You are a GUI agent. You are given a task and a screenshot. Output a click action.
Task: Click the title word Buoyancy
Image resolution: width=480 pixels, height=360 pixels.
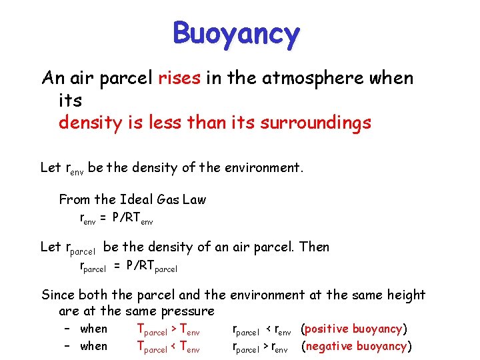236,33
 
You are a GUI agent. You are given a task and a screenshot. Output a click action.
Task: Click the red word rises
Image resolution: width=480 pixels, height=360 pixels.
179,78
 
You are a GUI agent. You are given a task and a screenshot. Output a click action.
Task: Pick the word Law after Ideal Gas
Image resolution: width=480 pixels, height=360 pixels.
192,199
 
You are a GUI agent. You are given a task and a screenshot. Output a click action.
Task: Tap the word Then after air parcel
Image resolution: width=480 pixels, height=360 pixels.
314,247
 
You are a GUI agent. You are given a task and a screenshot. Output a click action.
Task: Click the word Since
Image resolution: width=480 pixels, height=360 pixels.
58,295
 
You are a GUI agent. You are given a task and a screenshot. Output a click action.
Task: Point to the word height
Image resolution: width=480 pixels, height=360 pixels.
405,295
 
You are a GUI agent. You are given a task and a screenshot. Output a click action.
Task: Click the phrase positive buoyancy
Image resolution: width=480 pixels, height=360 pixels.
354,329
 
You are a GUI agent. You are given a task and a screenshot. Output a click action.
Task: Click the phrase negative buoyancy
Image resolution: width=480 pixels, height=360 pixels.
357,346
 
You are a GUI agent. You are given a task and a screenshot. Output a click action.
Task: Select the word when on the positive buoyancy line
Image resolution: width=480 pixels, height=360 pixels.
93,329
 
